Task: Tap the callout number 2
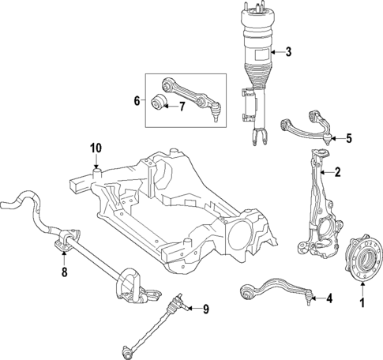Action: (x=337, y=171)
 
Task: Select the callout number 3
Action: (x=288, y=53)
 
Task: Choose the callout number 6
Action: (x=136, y=100)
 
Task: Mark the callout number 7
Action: (x=182, y=107)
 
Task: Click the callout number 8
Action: (x=65, y=272)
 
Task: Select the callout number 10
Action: (x=96, y=148)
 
